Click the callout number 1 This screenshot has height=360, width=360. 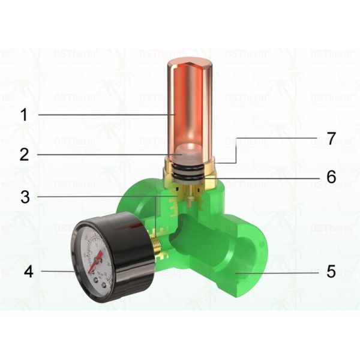24,114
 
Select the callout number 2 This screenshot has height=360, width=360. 24,154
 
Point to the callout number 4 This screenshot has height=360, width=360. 28,271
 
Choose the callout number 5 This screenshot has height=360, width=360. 331,272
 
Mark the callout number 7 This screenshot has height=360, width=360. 331,139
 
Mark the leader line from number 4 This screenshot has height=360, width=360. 57,271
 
